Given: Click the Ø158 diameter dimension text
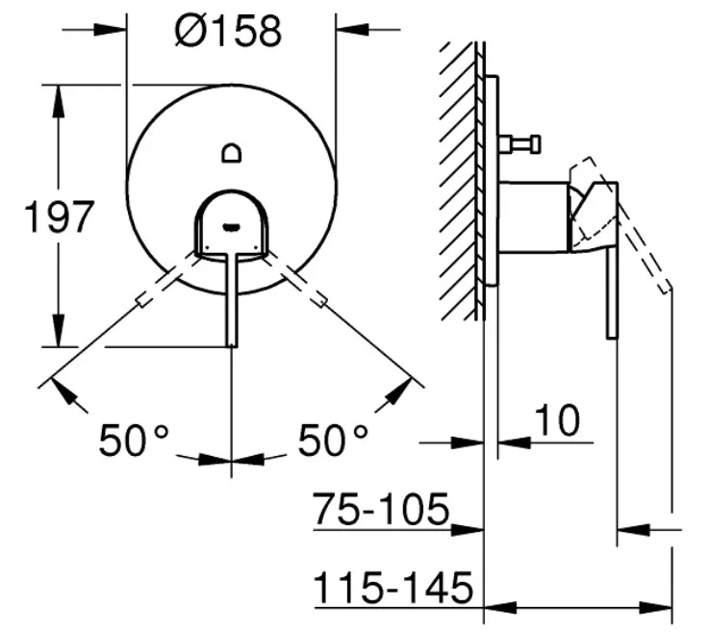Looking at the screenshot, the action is tap(228, 31).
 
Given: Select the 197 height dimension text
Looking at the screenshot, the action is tap(59, 217).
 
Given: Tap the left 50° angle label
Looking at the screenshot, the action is tap(134, 440).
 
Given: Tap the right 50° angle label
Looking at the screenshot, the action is tap(333, 440).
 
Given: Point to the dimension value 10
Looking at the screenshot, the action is tap(557, 420).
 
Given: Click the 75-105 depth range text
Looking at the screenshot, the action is tap(382, 509).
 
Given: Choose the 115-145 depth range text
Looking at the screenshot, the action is tap(393, 587).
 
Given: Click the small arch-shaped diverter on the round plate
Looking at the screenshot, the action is tap(232, 153).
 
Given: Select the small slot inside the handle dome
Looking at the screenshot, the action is tap(232, 226).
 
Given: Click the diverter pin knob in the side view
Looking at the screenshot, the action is tap(520, 144).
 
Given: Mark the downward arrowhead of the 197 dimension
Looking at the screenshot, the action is tap(59, 331).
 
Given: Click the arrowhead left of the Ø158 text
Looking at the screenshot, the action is tap(110, 30).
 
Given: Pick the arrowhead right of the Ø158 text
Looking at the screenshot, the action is tap(353, 30).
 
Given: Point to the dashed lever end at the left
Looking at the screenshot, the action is tap(143, 299).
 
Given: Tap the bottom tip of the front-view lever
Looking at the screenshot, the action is tap(232, 346).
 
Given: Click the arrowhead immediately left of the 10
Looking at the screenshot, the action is tap(468, 442).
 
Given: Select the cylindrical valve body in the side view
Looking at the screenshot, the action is tap(534, 217).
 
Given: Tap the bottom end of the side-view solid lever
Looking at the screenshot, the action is tap(612, 337).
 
